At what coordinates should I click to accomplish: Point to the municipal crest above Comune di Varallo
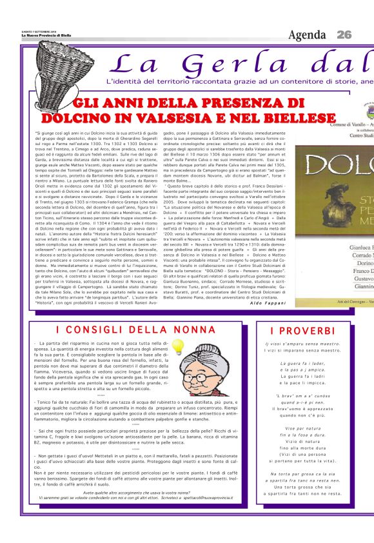[367, 103]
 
